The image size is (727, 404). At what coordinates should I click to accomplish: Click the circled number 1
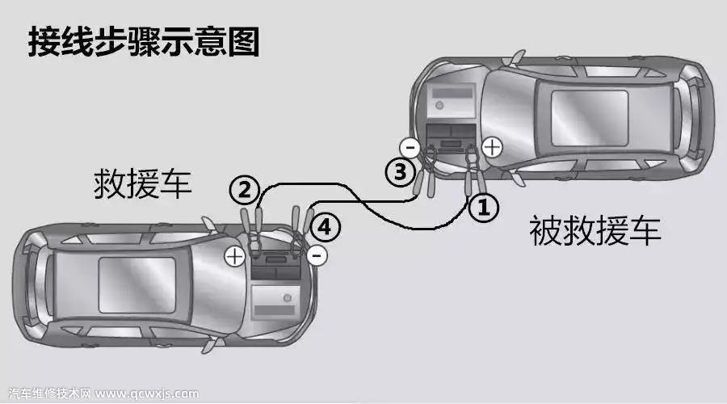(x=484, y=207)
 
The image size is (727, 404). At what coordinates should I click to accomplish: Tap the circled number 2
(x=244, y=190)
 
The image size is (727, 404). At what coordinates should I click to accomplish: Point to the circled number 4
(x=325, y=227)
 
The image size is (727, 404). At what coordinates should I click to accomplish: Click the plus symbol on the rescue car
(x=234, y=256)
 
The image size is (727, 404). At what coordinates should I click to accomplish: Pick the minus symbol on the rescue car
(x=317, y=255)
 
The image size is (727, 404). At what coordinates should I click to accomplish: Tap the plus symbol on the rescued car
(x=492, y=148)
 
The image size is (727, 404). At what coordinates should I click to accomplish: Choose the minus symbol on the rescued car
(x=410, y=149)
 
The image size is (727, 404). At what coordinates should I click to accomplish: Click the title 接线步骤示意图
(x=144, y=42)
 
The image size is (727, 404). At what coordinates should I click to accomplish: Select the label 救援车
(x=143, y=184)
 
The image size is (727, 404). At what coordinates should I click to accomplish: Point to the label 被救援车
(x=595, y=230)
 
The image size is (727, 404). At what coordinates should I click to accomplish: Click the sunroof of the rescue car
(x=137, y=285)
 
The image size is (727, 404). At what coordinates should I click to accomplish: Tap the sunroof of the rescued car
(x=590, y=118)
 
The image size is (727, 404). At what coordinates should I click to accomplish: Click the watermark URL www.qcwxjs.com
(x=148, y=393)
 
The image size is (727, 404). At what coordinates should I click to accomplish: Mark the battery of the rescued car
(x=451, y=137)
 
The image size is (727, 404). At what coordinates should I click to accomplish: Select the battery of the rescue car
(x=275, y=266)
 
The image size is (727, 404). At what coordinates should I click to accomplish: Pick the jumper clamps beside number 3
(x=425, y=171)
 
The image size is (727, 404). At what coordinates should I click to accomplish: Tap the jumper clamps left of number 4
(x=300, y=229)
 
